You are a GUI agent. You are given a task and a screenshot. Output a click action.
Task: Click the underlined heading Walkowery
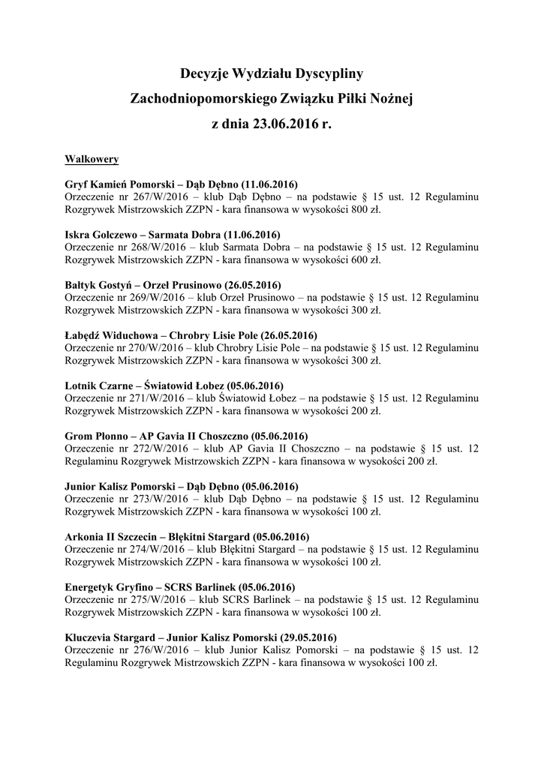[x=92, y=160]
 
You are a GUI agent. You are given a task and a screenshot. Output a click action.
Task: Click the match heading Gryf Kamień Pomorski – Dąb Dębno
[x=182, y=184]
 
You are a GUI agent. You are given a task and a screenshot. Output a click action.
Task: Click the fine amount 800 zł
[x=363, y=210]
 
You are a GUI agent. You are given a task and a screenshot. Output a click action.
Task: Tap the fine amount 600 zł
[x=363, y=260]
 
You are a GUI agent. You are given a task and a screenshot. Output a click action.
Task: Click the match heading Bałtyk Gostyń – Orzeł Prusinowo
[x=173, y=285]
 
